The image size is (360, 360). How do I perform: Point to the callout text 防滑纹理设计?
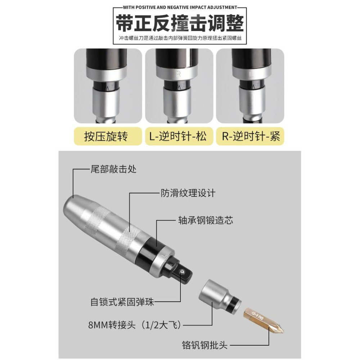pyautogui.click(x=188, y=193)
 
